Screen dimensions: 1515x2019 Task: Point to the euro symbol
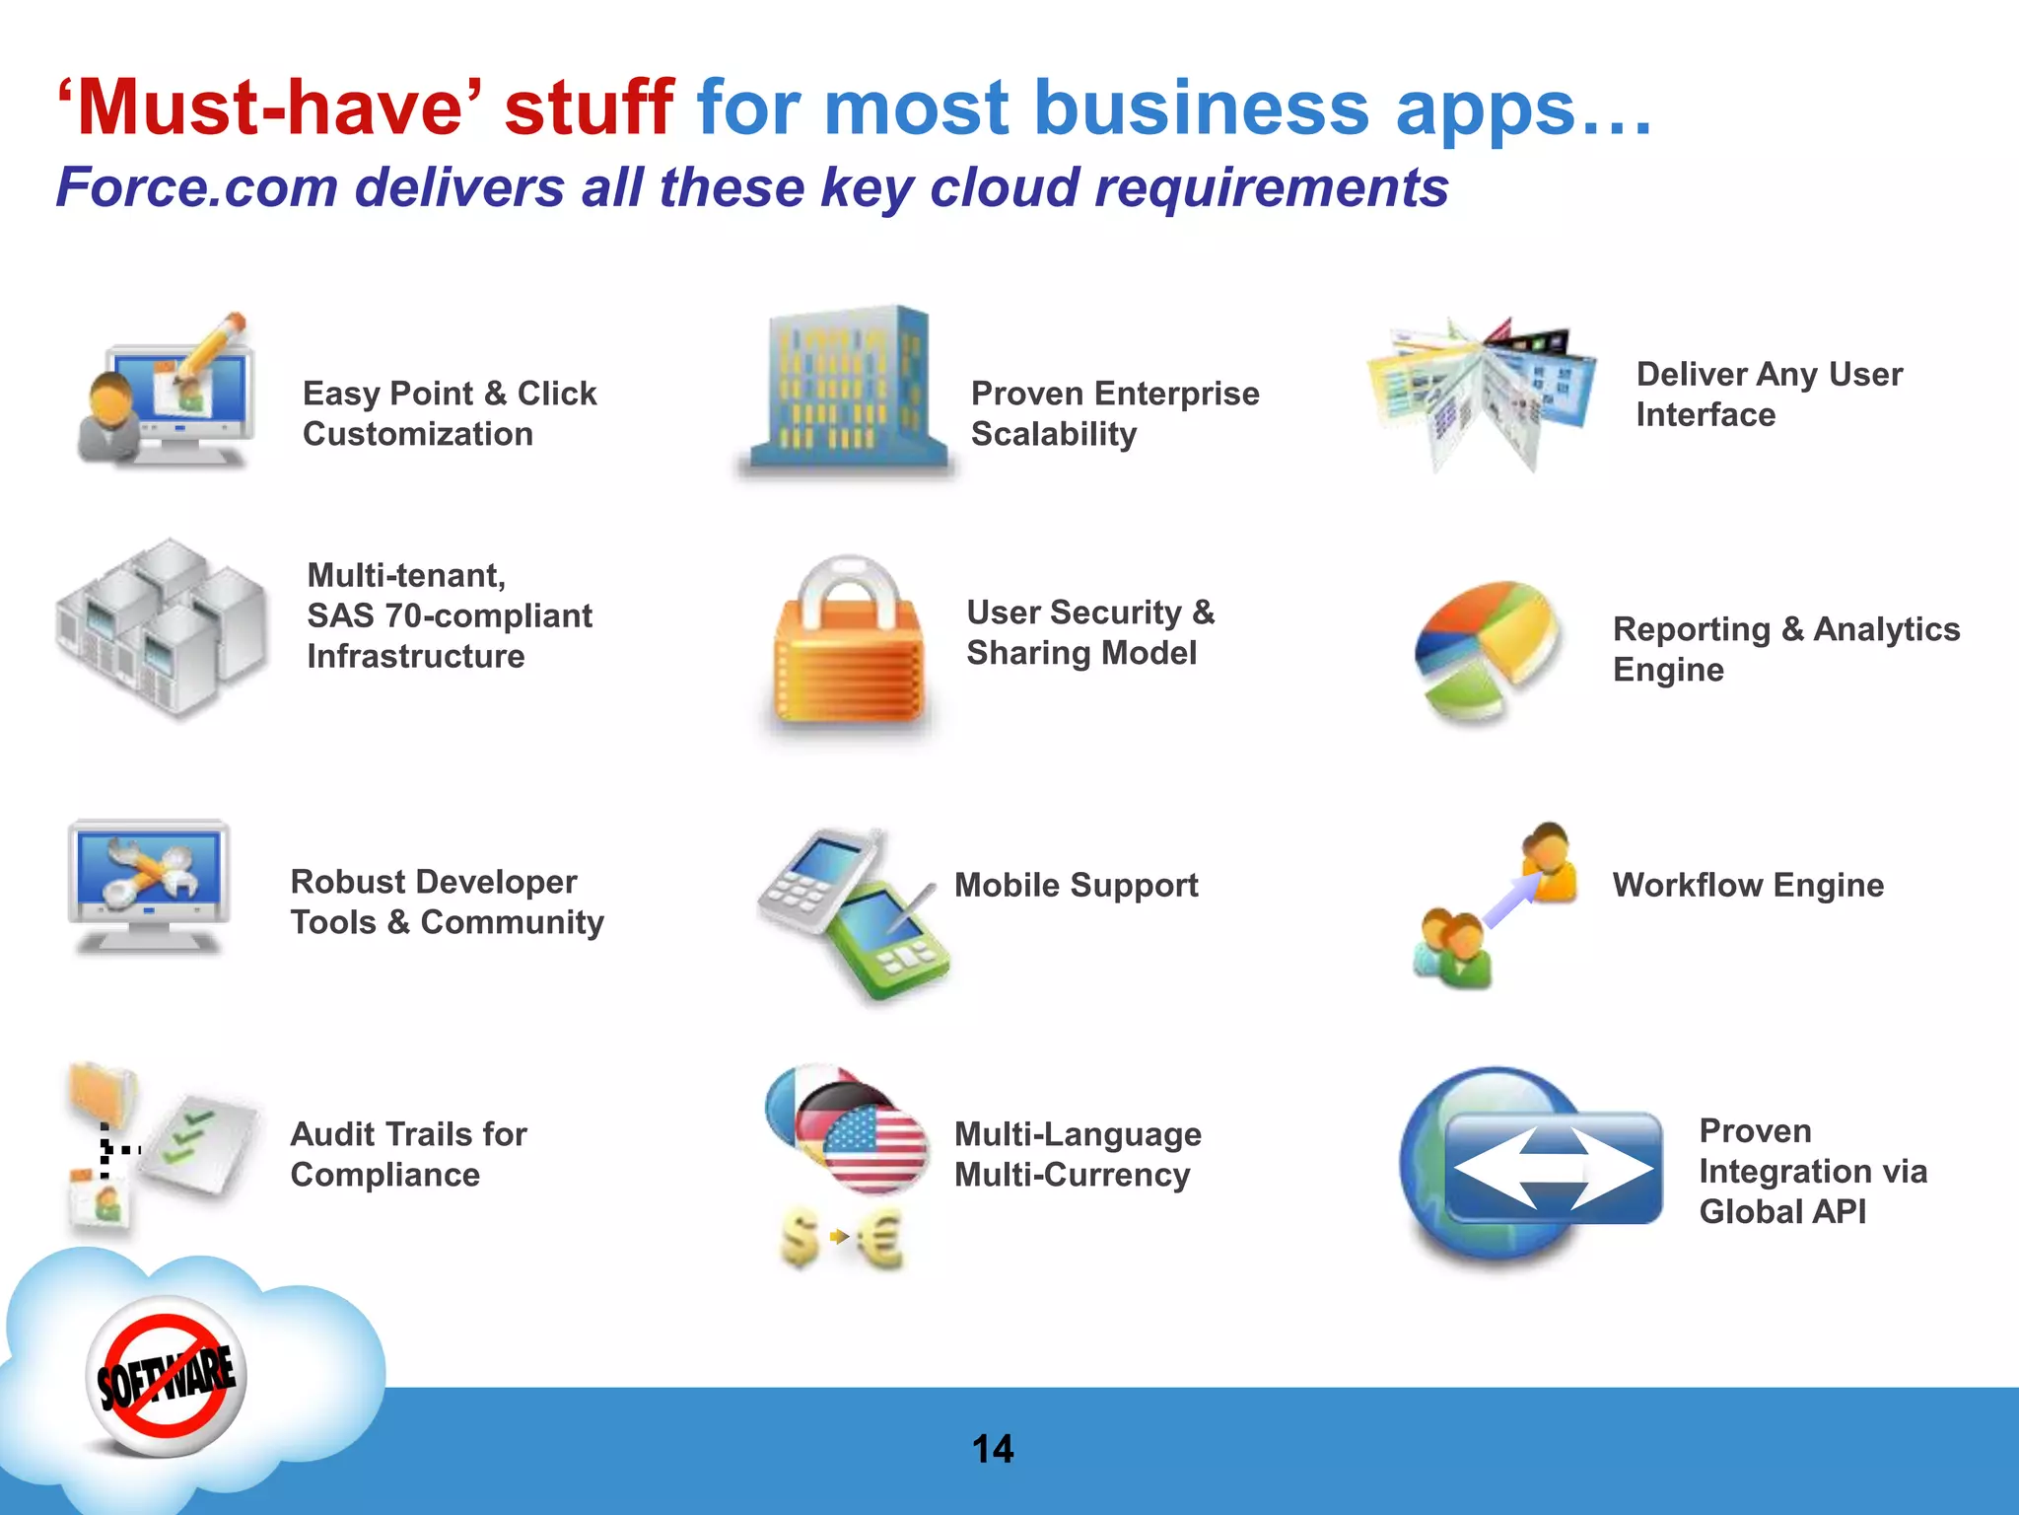click(x=880, y=1238)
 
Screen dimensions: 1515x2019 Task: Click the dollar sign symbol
click(x=800, y=1238)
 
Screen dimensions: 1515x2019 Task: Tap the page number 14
click(x=992, y=1449)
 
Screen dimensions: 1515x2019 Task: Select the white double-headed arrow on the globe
click(x=1553, y=1168)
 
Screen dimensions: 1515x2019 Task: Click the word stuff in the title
click(x=589, y=108)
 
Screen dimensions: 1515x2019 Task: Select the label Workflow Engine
click(x=1748, y=885)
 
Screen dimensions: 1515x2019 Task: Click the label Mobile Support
click(x=1076, y=885)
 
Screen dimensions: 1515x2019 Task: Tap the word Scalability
click(x=1054, y=434)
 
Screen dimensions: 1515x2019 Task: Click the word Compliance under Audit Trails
click(x=385, y=1175)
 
